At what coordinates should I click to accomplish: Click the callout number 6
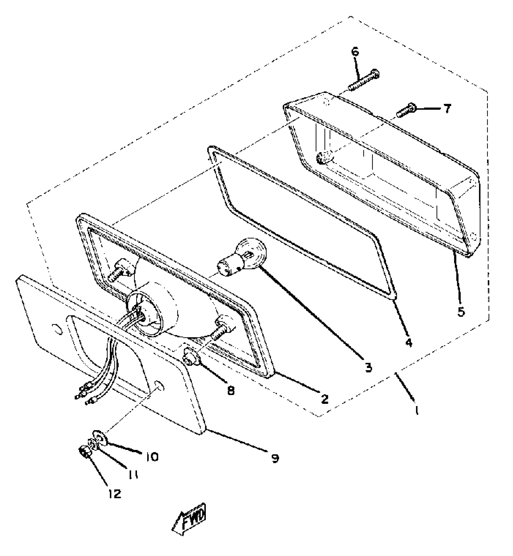pos(355,52)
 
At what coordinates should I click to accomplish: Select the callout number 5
pos(461,312)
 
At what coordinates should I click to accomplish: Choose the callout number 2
pos(324,399)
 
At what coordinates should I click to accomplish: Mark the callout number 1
pos(417,410)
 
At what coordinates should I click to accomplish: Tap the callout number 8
pos(231,391)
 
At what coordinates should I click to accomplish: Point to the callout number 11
pos(133,475)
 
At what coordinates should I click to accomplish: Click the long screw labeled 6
pos(364,80)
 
